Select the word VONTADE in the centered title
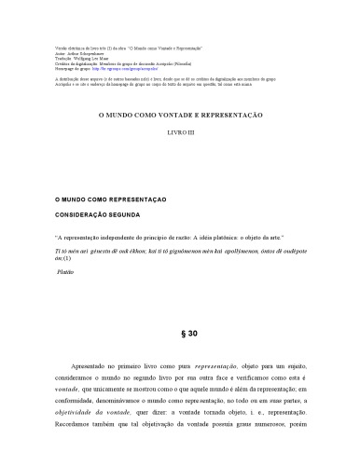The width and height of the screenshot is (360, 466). click(x=183, y=114)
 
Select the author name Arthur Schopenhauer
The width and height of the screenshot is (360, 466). click(x=82, y=53)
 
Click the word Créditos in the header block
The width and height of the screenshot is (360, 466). click(x=55, y=62)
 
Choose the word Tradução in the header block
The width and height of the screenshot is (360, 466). click(x=56, y=58)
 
